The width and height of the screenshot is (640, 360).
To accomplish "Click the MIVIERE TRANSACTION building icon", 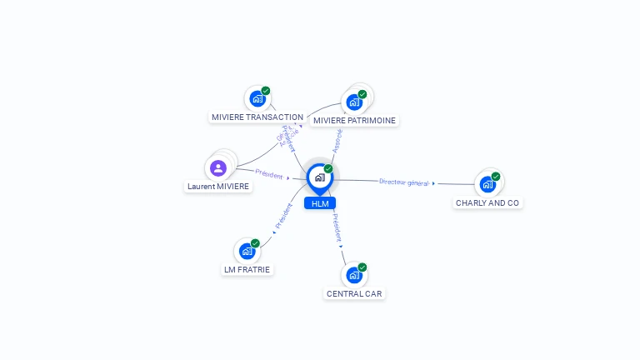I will (257, 98).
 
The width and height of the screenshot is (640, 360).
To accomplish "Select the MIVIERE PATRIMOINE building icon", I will (354, 102).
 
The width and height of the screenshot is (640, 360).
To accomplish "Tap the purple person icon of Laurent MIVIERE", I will (218, 168).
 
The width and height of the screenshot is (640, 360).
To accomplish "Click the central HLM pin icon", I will (319, 177).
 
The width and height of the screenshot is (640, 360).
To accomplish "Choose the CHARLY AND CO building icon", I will (487, 184).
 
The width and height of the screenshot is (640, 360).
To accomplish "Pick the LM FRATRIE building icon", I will (247, 251).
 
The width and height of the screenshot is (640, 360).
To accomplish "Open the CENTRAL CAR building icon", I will (354, 275).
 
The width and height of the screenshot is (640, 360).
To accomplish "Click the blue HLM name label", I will (319, 203).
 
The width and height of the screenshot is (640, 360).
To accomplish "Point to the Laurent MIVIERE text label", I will (218, 187).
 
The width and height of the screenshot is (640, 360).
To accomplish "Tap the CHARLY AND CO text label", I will (487, 202).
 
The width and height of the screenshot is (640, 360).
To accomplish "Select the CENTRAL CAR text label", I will (354, 293).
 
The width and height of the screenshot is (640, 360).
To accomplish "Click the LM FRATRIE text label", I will (247, 269).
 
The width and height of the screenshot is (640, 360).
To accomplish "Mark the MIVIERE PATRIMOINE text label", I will (354, 121).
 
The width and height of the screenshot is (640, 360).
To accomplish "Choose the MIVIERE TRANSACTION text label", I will (257, 117).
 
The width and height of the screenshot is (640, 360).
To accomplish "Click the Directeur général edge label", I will (404, 182).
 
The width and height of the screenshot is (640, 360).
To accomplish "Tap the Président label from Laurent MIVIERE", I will (269, 174).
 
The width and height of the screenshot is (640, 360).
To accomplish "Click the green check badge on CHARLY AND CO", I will (496, 177).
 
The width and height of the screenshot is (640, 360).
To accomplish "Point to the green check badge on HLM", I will (328, 169).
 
